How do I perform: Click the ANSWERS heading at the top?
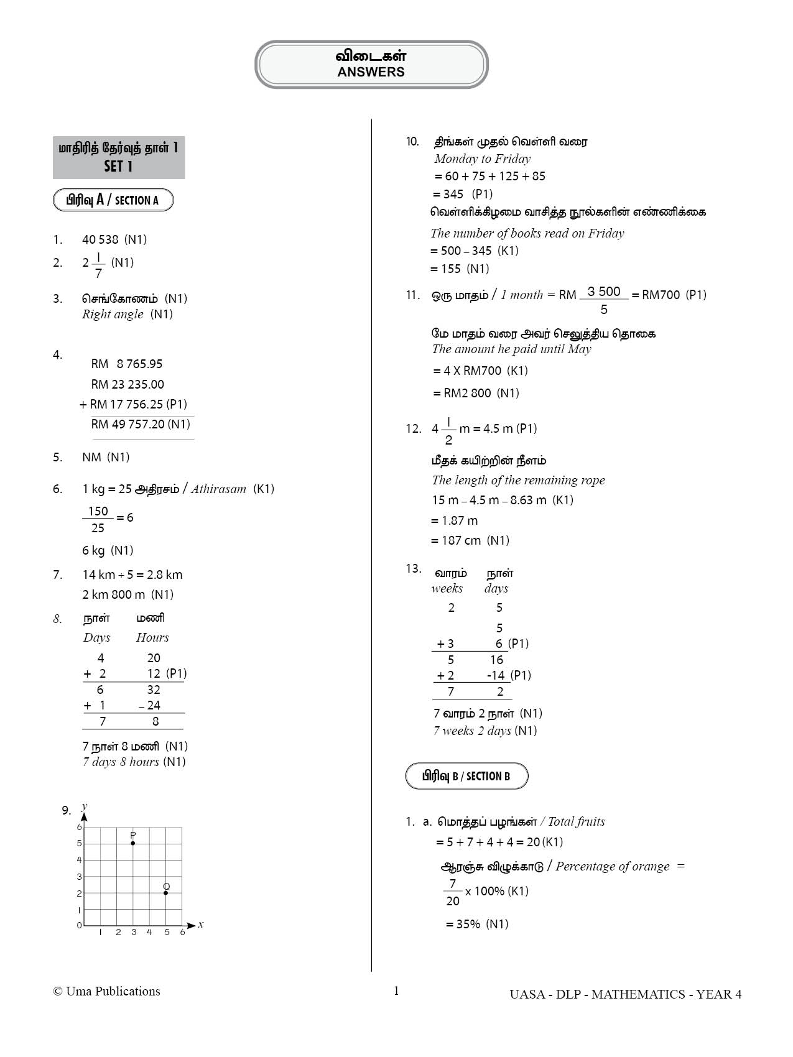pyautogui.click(x=371, y=72)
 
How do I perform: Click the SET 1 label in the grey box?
pyautogui.click(x=118, y=167)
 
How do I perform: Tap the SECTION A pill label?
pyautogui.click(x=113, y=200)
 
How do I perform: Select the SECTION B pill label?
pyautogui.click(x=466, y=776)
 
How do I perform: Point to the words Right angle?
pyautogui.click(x=113, y=314)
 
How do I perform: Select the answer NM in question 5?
pyautogui.click(x=91, y=457)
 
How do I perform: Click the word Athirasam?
pyautogui.click(x=218, y=489)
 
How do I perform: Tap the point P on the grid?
pyautogui.click(x=133, y=843)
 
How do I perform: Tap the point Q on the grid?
pyautogui.click(x=165, y=893)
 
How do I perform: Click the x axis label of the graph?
pyautogui.click(x=201, y=925)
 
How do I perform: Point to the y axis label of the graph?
pyautogui.click(x=85, y=807)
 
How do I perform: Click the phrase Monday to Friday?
pyautogui.click(x=482, y=159)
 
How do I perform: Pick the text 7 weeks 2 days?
pyautogui.click(x=472, y=731)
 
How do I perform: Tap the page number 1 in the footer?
pyautogui.click(x=396, y=991)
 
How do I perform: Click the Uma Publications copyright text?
pyautogui.click(x=107, y=992)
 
